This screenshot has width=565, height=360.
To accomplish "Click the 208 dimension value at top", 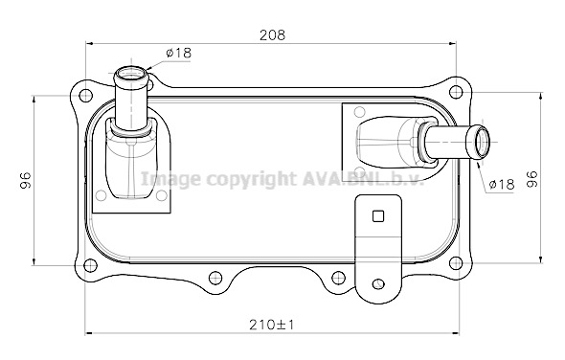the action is pos(272,35).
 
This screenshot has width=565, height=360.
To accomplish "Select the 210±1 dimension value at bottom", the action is pos(272,325).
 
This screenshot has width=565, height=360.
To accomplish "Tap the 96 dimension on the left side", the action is pos(26,181).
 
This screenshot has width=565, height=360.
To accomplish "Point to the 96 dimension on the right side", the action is pos(532,179).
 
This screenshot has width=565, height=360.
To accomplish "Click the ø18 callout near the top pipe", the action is pos(179,53).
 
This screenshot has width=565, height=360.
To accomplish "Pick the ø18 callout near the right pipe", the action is pos(502,184).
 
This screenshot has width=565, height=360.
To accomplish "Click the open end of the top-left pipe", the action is pos(130,75).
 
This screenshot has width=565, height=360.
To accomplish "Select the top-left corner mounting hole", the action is pos(85,96).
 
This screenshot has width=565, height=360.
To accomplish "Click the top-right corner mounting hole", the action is pos(456,92).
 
